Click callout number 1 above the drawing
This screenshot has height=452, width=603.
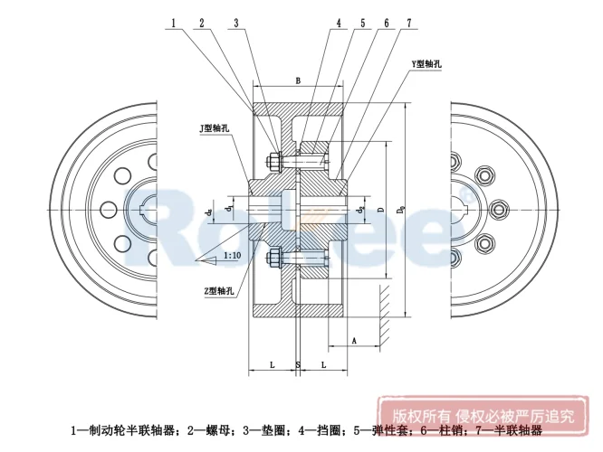click(171, 24)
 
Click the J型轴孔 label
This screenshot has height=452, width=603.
click(215, 128)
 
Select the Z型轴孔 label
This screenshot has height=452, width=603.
click(222, 290)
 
